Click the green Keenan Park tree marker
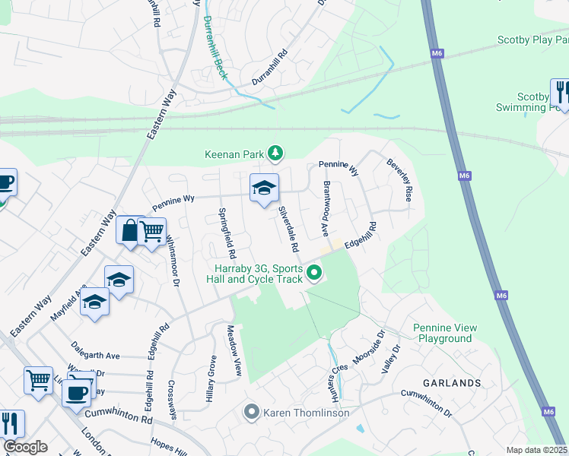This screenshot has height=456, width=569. [x=275, y=154]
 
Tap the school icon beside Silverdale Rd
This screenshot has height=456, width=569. [x=264, y=188]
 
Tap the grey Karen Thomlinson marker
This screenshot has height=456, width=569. [x=252, y=413]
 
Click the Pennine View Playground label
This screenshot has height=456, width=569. [x=445, y=333]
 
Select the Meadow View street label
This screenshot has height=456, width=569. [x=234, y=351]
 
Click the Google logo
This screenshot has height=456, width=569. [x=24, y=447]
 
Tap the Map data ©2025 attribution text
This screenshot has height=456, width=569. [x=536, y=450]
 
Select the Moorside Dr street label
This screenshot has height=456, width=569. [x=370, y=347]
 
